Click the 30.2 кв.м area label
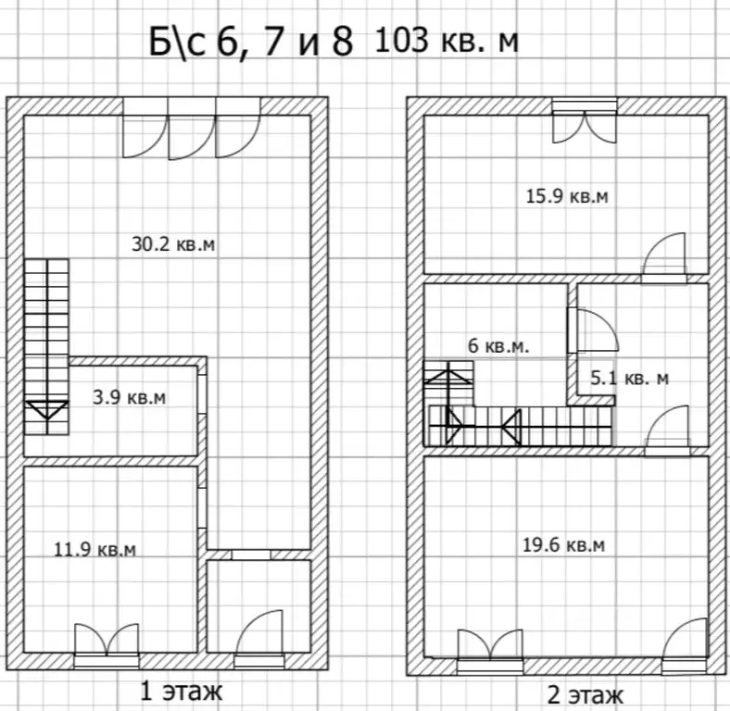(173, 244)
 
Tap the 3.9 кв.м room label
(130, 398)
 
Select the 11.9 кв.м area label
(95, 550)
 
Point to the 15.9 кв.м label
(567, 196)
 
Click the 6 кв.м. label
(498, 346)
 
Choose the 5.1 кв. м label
(629, 379)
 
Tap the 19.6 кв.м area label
(564, 544)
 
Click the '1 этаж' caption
(181, 692)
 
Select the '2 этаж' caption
(585, 696)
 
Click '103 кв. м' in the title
(446, 41)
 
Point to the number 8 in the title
(343, 42)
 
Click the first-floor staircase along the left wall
(46, 347)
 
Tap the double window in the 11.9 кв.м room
(107, 645)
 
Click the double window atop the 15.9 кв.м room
(585, 121)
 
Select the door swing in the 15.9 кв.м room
(663, 256)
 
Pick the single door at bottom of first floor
(258, 639)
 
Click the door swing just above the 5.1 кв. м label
(593, 331)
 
